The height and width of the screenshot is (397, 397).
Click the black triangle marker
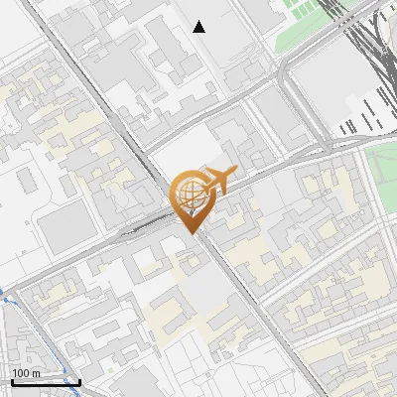click(199, 27)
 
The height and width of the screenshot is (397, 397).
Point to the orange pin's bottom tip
click(195, 232)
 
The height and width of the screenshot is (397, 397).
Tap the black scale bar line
click(45, 381)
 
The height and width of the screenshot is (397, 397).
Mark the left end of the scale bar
click(11, 381)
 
